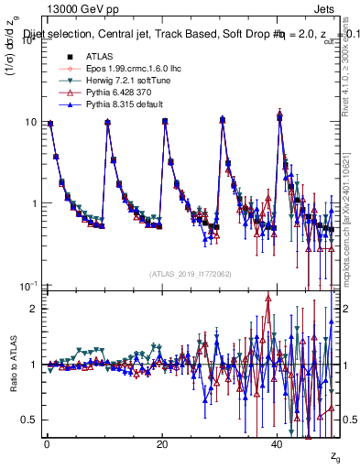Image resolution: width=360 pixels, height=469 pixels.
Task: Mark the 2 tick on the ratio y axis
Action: [x=31, y=309]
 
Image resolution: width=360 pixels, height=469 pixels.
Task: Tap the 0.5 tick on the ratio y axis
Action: [x=28, y=420]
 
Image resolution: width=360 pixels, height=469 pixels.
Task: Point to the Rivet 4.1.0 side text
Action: [x=347, y=64]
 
